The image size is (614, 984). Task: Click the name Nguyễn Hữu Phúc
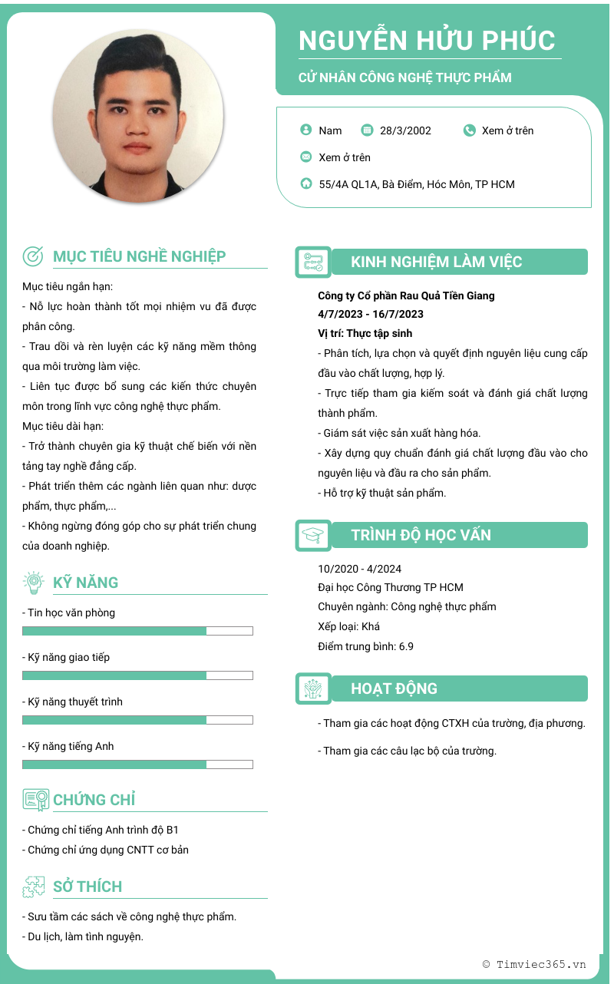coord(427,40)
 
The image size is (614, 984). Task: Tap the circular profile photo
coord(139,116)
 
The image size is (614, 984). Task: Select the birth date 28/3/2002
coord(405,130)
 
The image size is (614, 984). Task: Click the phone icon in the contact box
coord(470,130)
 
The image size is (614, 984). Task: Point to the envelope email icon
coord(306,157)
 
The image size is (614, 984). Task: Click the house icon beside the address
coord(306,184)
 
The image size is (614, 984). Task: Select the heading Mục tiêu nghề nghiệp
coord(140,256)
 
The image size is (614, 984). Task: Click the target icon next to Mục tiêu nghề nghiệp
coord(33,256)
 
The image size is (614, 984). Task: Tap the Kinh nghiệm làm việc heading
coord(436,262)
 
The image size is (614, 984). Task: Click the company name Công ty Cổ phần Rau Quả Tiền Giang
coord(406,296)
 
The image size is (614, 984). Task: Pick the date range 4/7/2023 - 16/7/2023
coord(371,314)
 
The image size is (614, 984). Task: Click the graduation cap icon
coord(313,536)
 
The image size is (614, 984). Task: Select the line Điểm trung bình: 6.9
coord(365,646)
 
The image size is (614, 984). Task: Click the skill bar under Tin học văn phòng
coord(137,631)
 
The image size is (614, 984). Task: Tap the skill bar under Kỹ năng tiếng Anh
coord(137,764)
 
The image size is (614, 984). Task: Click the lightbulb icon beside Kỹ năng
coord(34,583)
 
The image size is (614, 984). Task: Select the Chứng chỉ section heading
coord(94,800)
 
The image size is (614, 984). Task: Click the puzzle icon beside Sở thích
coord(34,887)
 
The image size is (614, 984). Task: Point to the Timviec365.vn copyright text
coord(534,964)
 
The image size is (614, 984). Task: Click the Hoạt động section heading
coord(394,688)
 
